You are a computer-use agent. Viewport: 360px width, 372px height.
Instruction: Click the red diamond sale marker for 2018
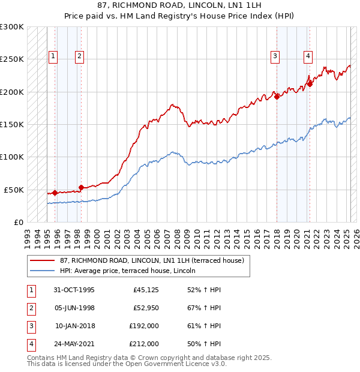click(x=277, y=97)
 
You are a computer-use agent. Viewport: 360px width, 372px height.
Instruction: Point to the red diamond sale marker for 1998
click(x=81, y=187)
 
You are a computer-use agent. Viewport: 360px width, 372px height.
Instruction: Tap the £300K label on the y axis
click(x=12, y=27)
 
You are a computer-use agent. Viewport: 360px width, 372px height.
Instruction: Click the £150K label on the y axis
click(x=12, y=125)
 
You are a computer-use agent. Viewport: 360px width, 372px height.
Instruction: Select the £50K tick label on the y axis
click(x=14, y=190)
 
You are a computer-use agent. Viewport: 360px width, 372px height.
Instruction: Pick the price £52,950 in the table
click(x=146, y=308)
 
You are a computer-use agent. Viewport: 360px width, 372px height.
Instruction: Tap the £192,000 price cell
click(x=143, y=326)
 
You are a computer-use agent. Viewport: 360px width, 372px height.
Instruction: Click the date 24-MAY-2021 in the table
click(x=74, y=344)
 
